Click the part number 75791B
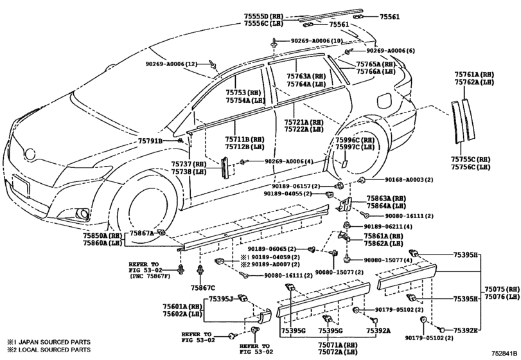point(150,141)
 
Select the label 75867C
point(203,287)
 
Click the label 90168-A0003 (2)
point(409,180)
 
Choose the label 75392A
point(378,330)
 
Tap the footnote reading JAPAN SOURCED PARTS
point(54,342)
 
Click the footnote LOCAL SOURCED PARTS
point(54,350)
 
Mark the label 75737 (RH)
point(189,164)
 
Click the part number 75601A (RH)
point(182,306)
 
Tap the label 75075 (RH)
point(502,289)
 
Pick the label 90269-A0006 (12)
point(172,64)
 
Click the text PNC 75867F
point(151,276)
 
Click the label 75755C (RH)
point(470,159)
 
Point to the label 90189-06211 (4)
point(388,227)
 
